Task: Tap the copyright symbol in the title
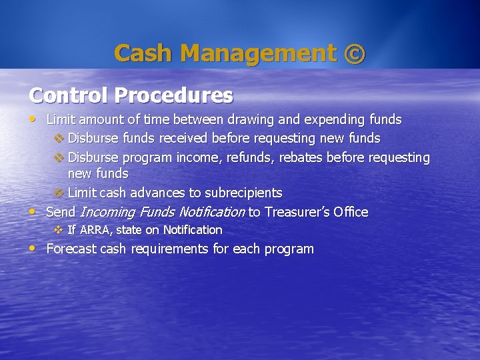point(354,53)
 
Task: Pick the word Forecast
point(71,249)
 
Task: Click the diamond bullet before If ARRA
point(57,230)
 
